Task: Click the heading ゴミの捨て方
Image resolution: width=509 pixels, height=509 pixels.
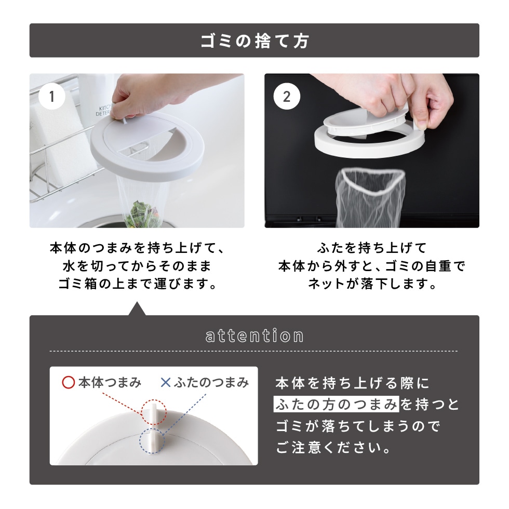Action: click(x=254, y=41)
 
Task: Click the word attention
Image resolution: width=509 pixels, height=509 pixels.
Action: click(x=254, y=336)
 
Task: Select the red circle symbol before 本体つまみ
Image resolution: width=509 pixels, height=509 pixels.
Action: click(x=69, y=383)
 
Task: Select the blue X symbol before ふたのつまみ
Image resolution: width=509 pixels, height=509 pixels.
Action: click(x=165, y=383)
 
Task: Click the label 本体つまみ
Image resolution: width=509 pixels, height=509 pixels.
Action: click(x=110, y=383)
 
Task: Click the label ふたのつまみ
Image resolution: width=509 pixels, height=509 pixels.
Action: click(x=211, y=383)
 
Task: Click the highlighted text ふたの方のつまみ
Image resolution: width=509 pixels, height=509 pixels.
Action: click(x=337, y=404)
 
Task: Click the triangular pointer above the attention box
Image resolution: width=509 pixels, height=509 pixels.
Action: click(x=137, y=309)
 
